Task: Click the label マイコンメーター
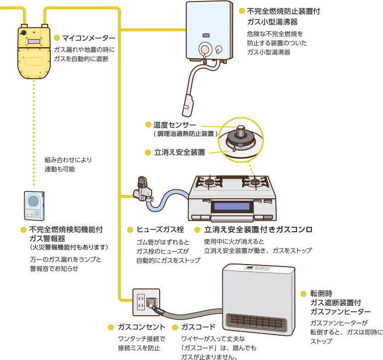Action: coord(89,38)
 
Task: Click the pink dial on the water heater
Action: coord(203,49)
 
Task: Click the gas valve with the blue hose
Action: coord(143,189)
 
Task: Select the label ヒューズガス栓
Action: coord(160,230)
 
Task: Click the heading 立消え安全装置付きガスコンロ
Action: coord(258,230)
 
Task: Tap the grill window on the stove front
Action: coord(231,206)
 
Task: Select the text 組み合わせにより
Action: coord(68,160)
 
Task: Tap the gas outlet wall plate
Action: coord(146,301)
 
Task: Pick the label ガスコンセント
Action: coord(142,327)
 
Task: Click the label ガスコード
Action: coord(198,327)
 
